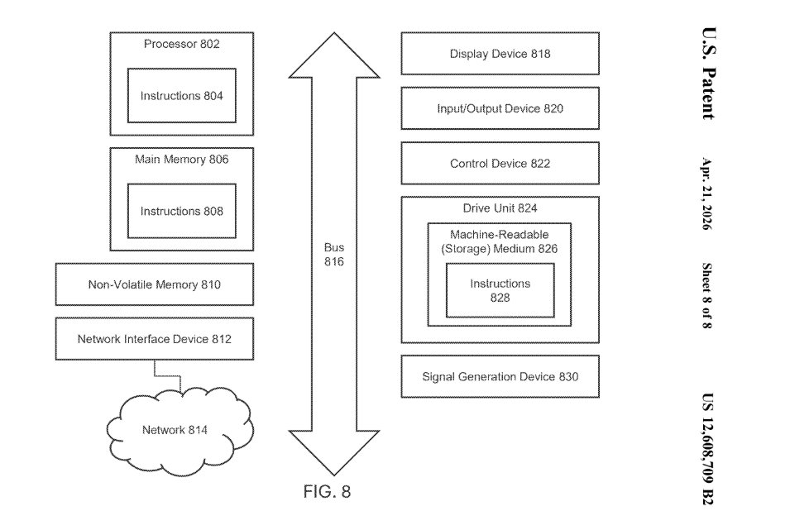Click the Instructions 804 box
(181, 96)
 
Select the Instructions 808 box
(181, 212)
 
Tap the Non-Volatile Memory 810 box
(155, 285)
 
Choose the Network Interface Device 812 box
(155, 339)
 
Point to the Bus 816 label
(334, 255)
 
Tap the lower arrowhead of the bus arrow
(334, 451)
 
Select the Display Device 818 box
(500, 55)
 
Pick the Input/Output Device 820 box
(500, 109)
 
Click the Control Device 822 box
(500, 164)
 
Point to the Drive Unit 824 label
(500, 208)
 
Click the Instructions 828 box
(500, 290)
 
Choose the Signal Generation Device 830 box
(500, 377)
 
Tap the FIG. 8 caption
(327, 492)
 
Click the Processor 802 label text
(181, 44)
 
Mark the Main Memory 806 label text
(181, 160)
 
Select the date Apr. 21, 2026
(707, 193)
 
